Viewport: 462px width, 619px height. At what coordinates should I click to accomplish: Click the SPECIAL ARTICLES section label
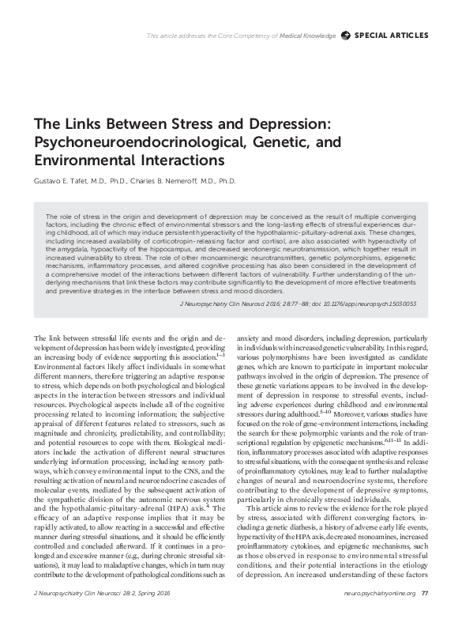tap(392, 36)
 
